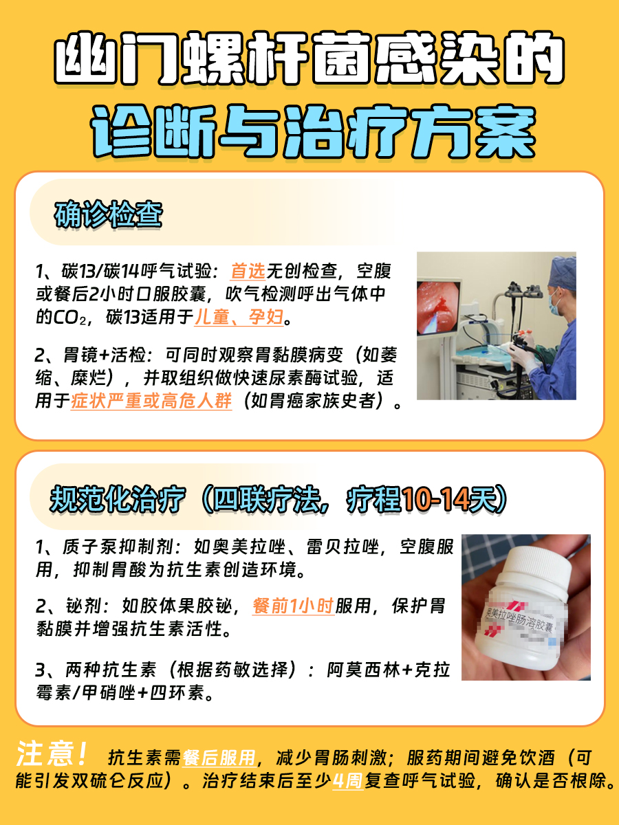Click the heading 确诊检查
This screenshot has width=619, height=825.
tap(108, 215)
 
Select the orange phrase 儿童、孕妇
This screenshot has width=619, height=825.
tap(239, 318)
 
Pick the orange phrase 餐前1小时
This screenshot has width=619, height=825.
tap(293, 606)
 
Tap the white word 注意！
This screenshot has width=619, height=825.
tap(52, 756)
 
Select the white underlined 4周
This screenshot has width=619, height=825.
tap(347, 782)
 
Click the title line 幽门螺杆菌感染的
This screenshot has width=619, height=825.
tap(309, 60)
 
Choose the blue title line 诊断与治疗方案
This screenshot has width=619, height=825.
tap(309, 131)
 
